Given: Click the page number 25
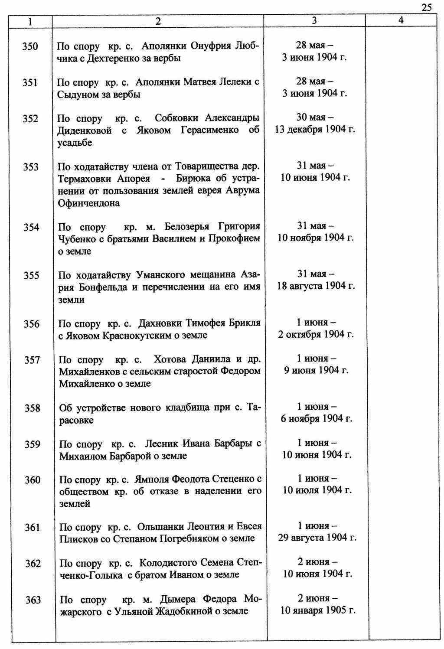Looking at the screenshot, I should coord(426,7).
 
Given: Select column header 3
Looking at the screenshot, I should coord(314,20).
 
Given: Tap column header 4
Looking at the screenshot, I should coord(401,20).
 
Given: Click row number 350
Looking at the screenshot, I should coord(30,46).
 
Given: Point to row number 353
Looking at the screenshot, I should coord(31,167).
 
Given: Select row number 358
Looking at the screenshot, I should coord(32,408).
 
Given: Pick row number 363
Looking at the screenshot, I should coord(33,600).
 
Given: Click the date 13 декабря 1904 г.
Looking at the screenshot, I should coord(315,130).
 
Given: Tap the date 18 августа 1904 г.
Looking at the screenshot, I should coord(316,286).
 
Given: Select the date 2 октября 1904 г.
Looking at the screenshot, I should coord(316,335).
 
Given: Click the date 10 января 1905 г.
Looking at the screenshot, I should coord(318,611).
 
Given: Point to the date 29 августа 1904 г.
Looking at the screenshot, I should coord(317,538).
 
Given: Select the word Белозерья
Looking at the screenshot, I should coord(187,227).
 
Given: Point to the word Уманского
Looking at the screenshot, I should coord(155,275).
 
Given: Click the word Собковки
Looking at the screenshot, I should coord(176,118).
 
